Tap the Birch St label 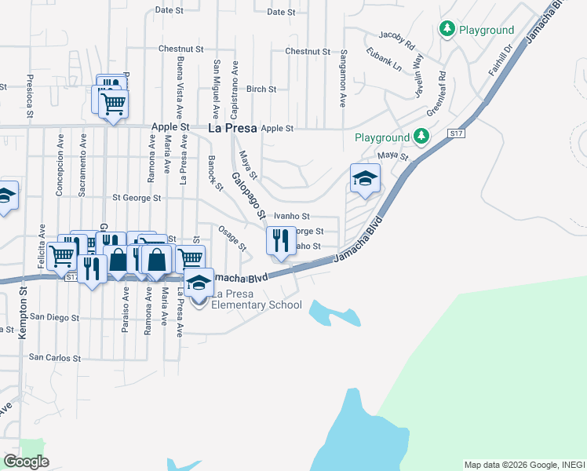(x=261, y=89)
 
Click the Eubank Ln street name (x=384, y=60)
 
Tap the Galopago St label (x=246, y=196)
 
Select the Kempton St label (x=24, y=301)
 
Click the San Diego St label (x=53, y=318)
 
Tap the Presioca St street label (x=29, y=96)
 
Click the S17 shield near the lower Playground (x=456, y=134)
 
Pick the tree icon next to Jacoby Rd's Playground (x=447, y=29)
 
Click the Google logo (x=26, y=462)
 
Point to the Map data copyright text (x=523, y=465)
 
